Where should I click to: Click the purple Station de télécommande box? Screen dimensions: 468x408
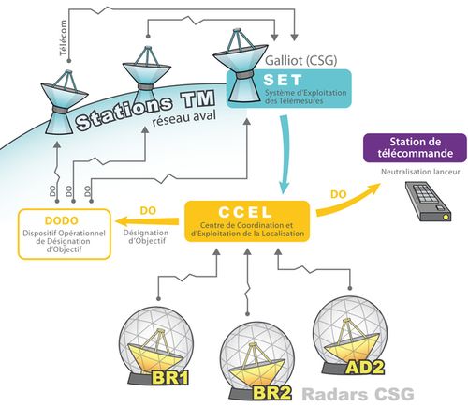[415, 148]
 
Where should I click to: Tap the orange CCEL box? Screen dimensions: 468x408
[247, 221]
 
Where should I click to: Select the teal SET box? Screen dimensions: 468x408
[288, 89]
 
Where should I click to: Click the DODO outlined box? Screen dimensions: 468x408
[65, 234]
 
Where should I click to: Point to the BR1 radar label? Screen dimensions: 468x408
[170, 378]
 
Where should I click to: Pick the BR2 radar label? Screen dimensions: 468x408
[272, 393]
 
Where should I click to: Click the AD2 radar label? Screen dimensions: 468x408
[365, 367]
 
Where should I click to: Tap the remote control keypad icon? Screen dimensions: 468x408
[429, 202]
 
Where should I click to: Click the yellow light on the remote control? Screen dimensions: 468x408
[446, 217]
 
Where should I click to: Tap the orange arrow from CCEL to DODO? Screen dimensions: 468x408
[147, 221]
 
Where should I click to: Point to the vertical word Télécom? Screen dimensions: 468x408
[64, 38]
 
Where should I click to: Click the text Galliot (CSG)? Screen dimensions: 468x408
[300, 60]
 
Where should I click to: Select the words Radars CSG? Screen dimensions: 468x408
[358, 394]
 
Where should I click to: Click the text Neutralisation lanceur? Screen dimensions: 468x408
[420, 172]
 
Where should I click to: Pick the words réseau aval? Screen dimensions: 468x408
[184, 119]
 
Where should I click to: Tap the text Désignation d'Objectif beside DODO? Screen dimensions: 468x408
[146, 236]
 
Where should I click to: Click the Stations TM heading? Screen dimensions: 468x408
[145, 110]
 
